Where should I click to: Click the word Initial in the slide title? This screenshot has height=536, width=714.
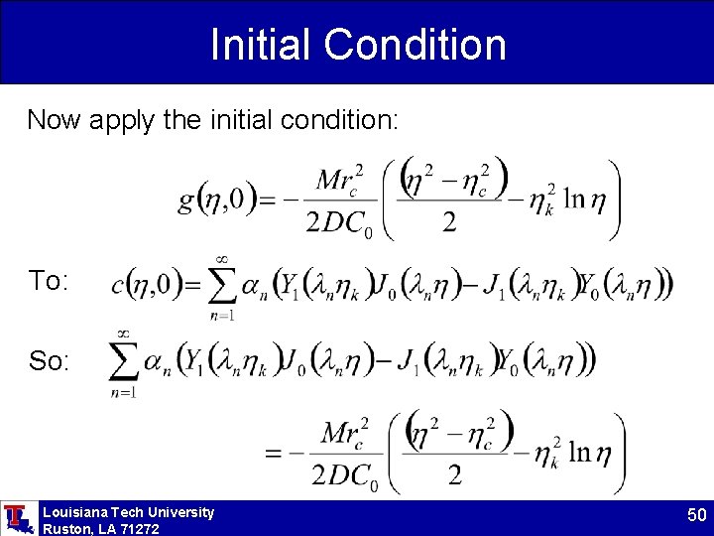(261, 45)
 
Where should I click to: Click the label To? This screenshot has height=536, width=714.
(49, 282)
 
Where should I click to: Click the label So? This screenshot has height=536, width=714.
(49, 361)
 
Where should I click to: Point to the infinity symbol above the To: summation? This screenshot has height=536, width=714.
(222, 258)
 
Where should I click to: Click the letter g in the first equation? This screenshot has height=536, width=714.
(186, 202)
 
